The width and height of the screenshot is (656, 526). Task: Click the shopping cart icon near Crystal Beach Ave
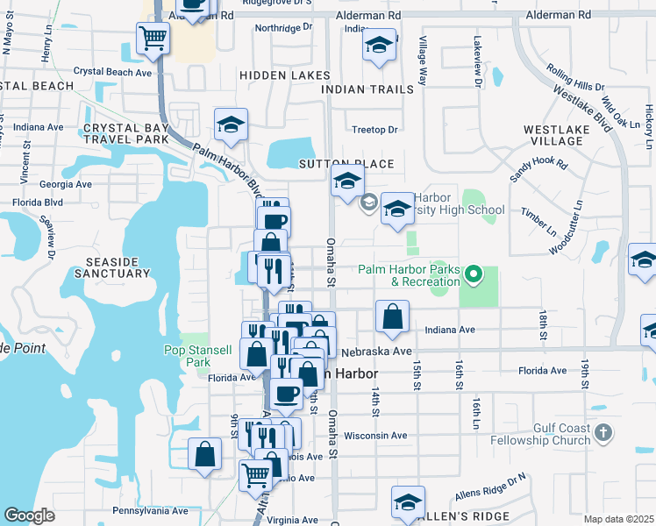coord(153,39)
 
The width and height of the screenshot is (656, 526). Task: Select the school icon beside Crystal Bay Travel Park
coord(231,125)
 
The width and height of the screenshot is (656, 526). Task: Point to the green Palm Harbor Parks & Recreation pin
coord(474,275)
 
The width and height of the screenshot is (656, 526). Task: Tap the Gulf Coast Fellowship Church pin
coord(603,431)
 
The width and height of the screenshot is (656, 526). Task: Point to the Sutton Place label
coord(346,164)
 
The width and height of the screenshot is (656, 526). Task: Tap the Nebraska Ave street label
coord(377,351)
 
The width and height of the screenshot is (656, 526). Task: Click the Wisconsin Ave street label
coord(375,435)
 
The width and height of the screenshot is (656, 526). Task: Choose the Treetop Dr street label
coord(374,130)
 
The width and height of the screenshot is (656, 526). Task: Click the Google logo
coord(29,515)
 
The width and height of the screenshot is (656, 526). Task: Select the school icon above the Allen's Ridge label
coord(408,502)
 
